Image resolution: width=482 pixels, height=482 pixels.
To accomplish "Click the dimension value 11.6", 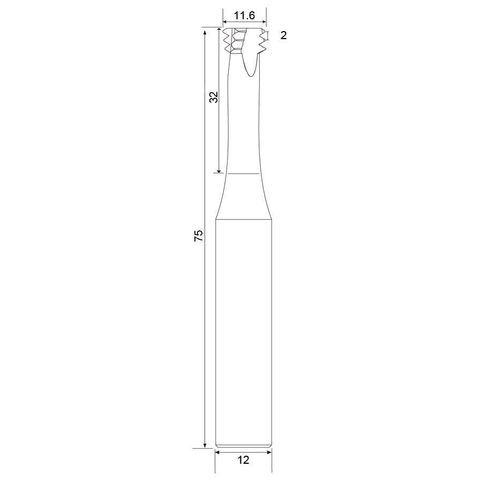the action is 244,15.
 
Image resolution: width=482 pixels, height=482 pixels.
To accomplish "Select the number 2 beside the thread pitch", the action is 283,35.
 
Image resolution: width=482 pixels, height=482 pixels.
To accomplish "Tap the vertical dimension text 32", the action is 213,97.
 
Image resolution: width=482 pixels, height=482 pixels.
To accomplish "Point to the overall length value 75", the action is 199,235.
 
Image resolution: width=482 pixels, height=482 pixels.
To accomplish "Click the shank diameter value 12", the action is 243,460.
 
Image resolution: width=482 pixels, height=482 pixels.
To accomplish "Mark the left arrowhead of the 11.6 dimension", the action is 225,22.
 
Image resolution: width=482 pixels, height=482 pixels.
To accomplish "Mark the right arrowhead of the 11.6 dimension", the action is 264,22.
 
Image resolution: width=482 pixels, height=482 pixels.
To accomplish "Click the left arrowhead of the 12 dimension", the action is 217,452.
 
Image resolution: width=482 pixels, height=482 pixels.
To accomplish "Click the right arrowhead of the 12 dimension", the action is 269,452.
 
